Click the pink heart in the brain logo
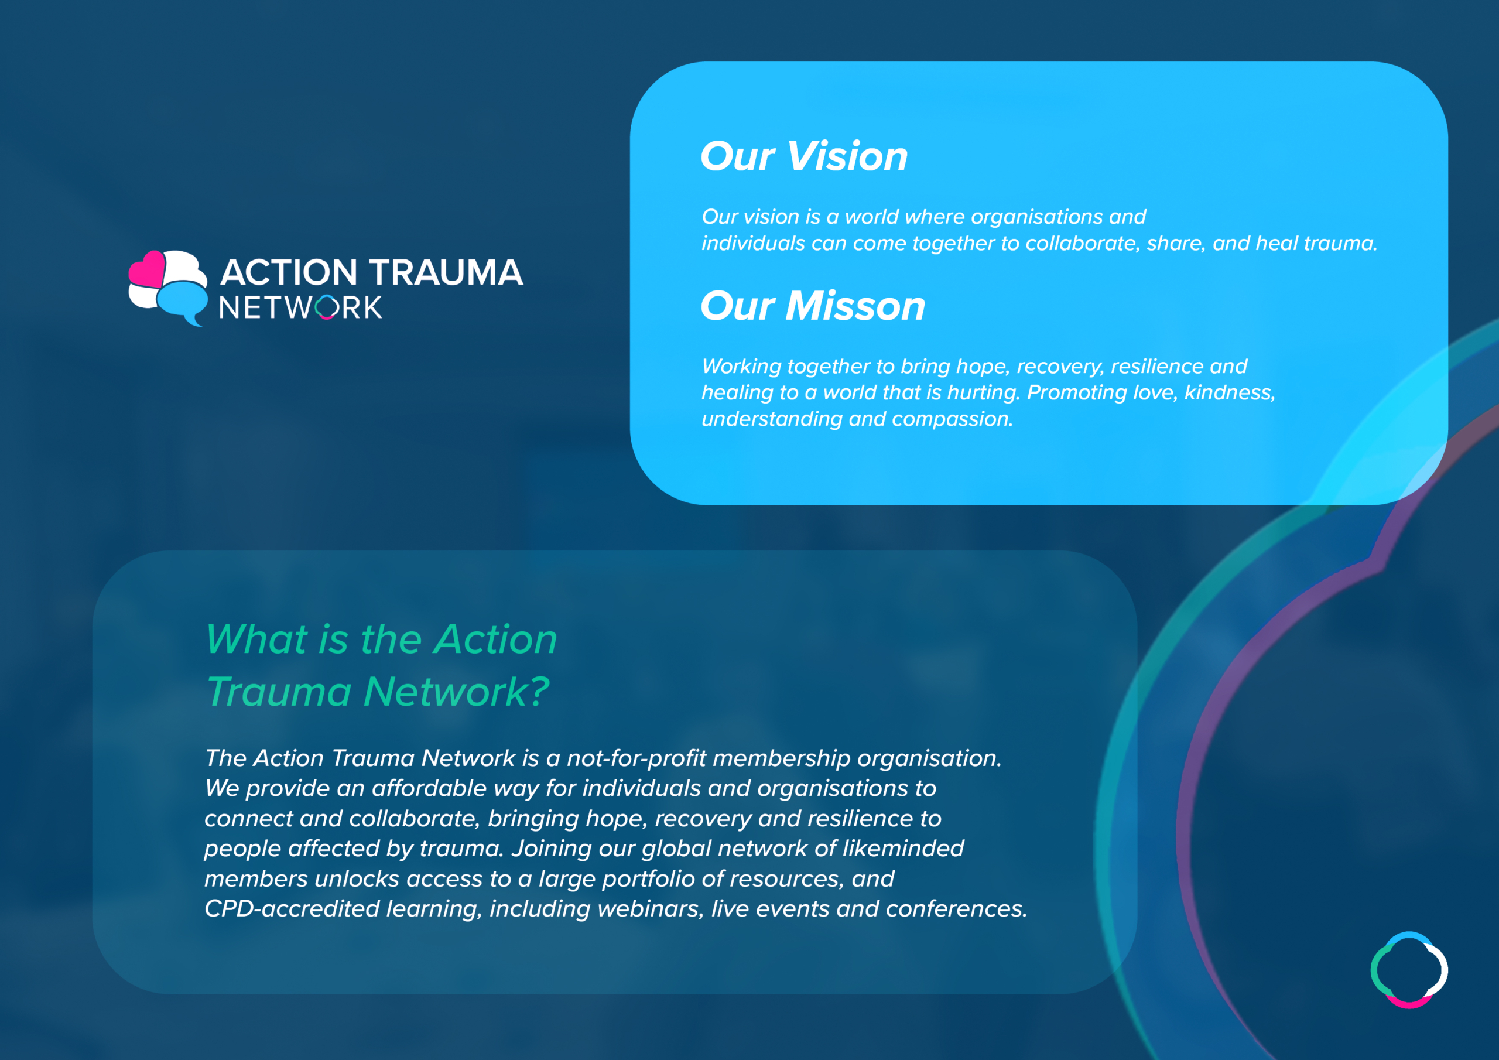(x=147, y=268)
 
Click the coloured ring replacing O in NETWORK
(x=326, y=307)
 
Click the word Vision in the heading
(x=847, y=157)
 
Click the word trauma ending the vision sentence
(x=1340, y=244)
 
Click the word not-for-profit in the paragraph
(x=636, y=758)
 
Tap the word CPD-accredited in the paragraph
(x=292, y=909)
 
